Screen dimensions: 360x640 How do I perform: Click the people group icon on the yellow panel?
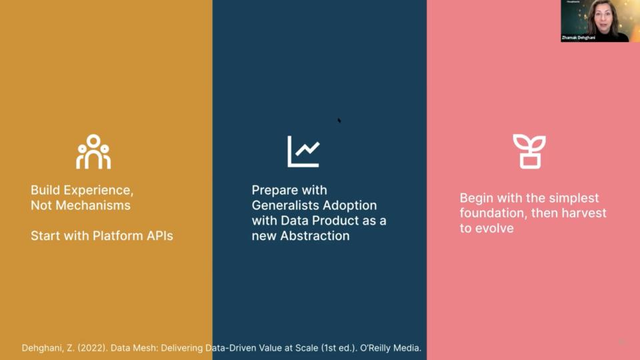coord(93,151)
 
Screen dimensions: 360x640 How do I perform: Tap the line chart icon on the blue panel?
coord(303,151)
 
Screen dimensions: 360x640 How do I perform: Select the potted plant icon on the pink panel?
coord(529,151)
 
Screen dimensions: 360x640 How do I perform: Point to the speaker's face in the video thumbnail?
coord(601,15)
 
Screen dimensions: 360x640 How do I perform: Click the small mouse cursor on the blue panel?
coord(339,121)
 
